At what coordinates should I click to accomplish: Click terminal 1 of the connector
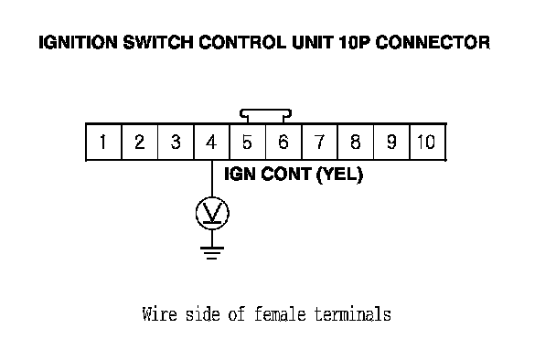pyautogui.click(x=103, y=142)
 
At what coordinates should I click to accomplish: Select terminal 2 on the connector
pyautogui.click(x=140, y=142)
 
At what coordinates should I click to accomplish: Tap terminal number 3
pyautogui.click(x=176, y=142)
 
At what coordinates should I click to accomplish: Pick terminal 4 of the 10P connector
pyautogui.click(x=211, y=142)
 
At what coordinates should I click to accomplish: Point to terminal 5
pyautogui.click(x=248, y=142)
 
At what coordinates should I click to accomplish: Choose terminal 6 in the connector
pyautogui.click(x=283, y=142)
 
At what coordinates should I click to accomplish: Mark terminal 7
pyautogui.click(x=320, y=142)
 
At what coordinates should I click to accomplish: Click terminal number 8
pyautogui.click(x=356, y=142)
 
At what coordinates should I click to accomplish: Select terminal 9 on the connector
pyautogui.click(x=391, y=142)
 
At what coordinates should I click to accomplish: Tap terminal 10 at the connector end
pyautogui.click(x=427, y=142)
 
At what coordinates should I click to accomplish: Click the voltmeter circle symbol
pyautogui.click(x=212, y=197)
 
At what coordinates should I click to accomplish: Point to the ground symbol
pyautogui.click(x=212, y=252)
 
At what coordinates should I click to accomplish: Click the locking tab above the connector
pyautogui.click(x=265, y=111)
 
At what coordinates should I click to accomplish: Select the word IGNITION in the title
pyautogui.click(x=78, y=43)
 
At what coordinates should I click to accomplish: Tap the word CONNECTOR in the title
pyautogui.click(x=433, y=43)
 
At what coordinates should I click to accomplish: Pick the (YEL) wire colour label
pyautogui.click(x=339, y=175)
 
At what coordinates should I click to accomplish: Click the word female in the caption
pyautogui.click(x=280, y=314)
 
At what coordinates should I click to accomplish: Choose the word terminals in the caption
pyautogui.click(x=353, y=314)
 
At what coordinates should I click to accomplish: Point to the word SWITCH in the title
pyautogui.click(x=158, y=43)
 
